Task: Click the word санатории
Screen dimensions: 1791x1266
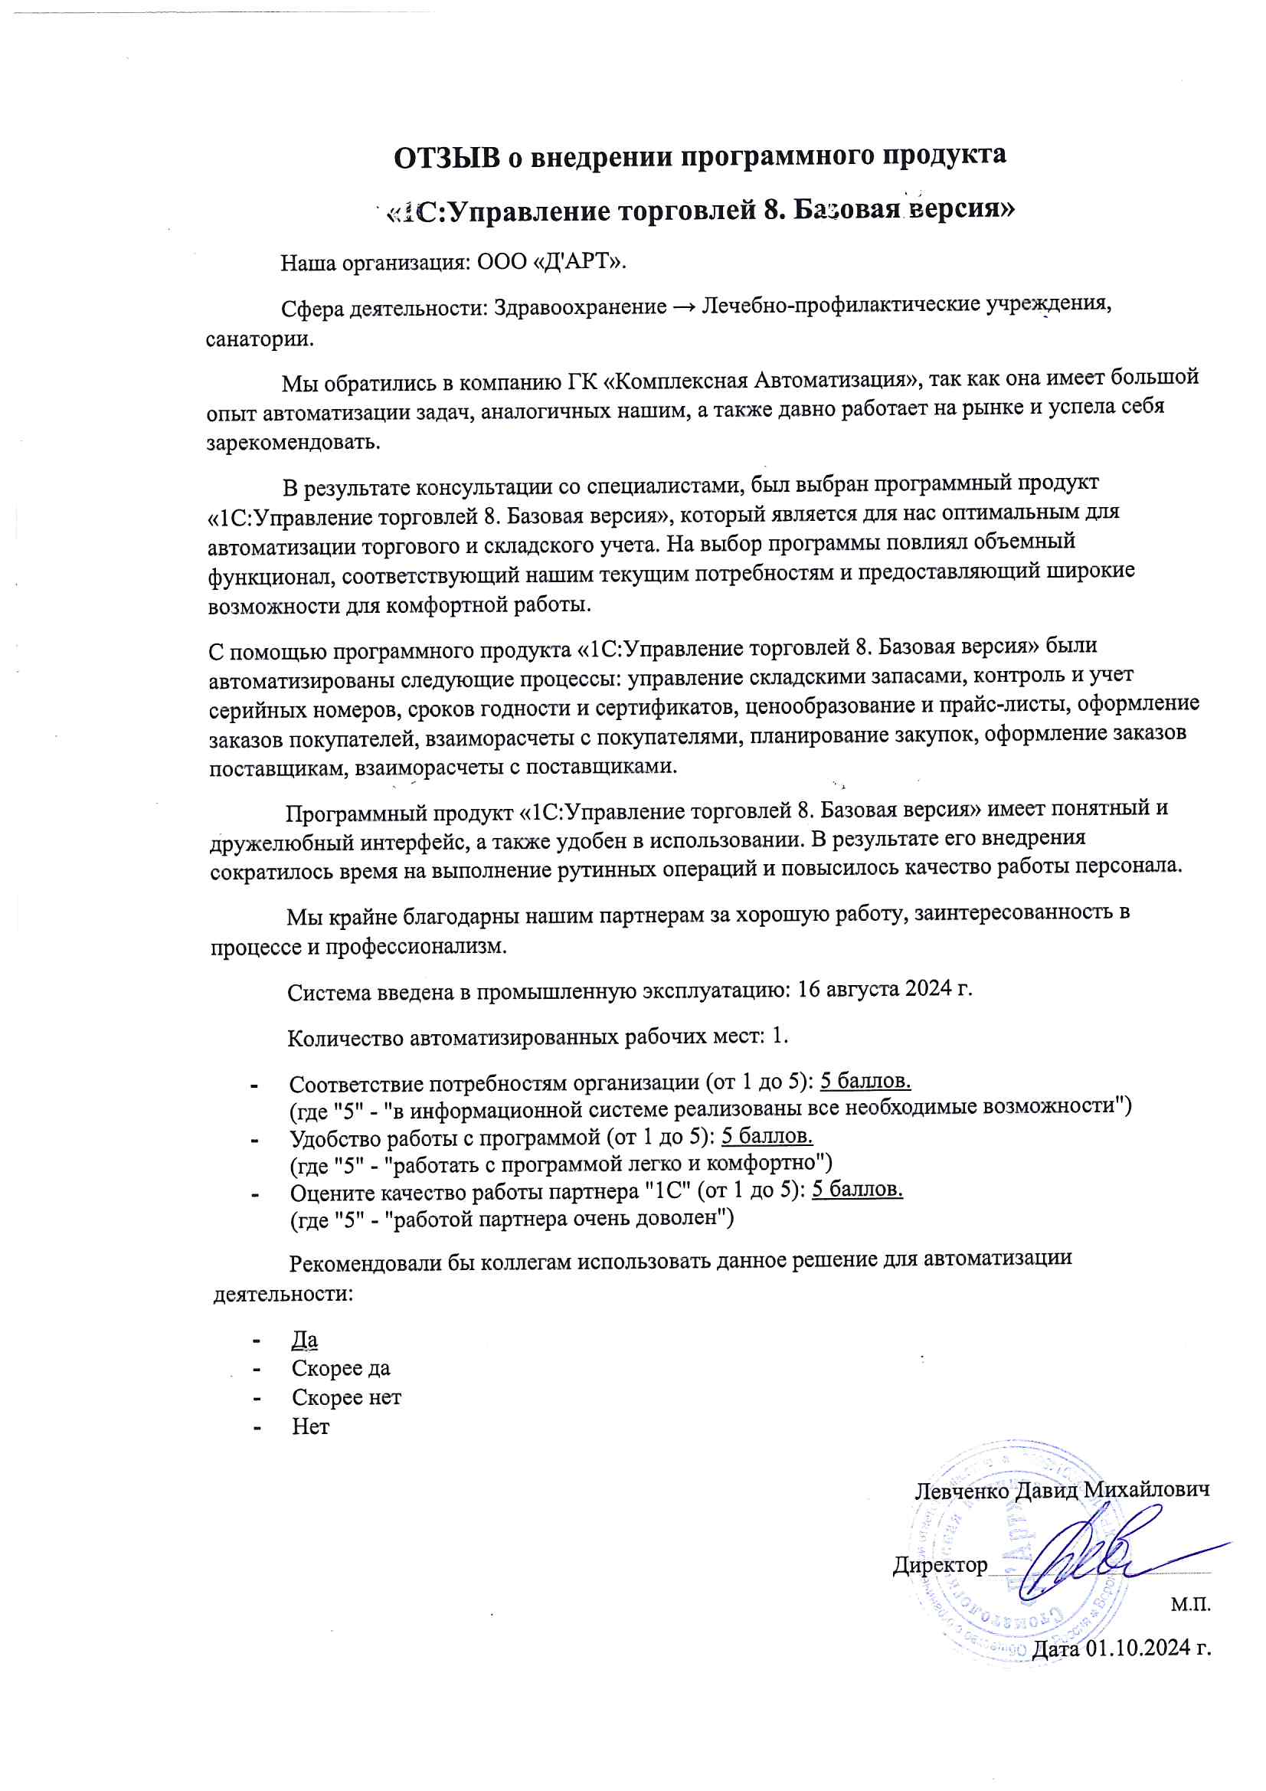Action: (x=260, y=339)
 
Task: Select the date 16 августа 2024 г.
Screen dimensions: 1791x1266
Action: (x=885, y=989)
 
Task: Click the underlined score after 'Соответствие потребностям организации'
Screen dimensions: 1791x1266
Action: (x=865, y=1081)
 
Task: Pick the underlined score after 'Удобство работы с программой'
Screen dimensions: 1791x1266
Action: (x=767, y=1136)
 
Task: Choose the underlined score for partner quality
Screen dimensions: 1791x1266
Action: (x=857, y=1189)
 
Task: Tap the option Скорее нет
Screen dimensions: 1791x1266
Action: (x=346, y=1397)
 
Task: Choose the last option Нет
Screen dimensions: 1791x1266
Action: (x=310, y=1426)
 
